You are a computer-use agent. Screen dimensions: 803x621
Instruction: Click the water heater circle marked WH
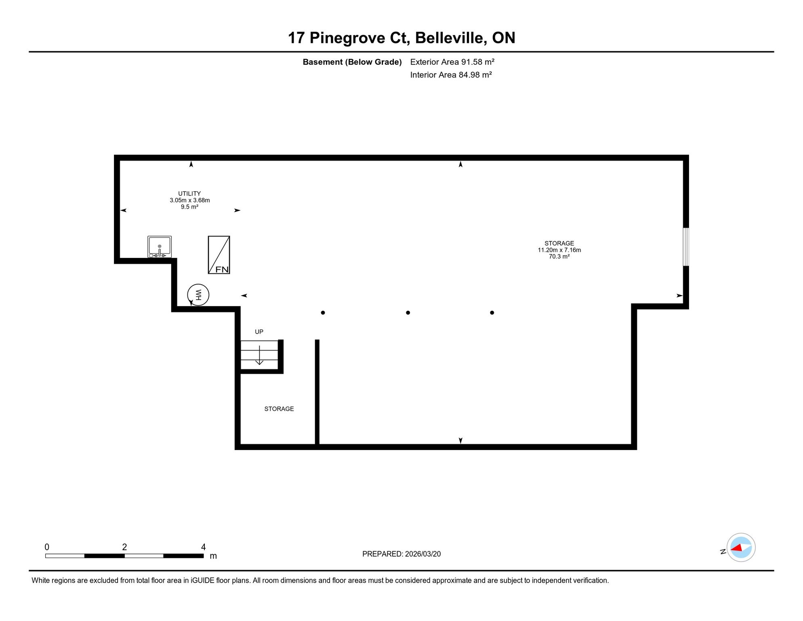point(198,284)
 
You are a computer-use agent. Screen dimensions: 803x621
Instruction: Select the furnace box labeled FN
point(219,255)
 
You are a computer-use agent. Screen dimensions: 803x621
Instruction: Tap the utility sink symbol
point(160,247)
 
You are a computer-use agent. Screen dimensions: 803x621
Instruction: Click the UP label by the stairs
point(259,332)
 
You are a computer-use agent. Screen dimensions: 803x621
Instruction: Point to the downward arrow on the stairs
point(259,355)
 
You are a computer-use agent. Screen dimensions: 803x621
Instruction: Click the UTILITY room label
point(189,194)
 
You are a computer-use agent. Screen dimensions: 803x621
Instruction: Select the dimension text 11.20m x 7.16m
point(559,250)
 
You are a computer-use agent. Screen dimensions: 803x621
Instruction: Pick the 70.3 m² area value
point(559,257)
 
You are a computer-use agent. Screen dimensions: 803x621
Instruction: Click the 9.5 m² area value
point(189,207)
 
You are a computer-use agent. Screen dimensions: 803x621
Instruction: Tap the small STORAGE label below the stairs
point(279,409)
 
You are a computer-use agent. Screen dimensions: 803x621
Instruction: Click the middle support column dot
point(408,313)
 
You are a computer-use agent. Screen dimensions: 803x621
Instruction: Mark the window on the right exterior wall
point(686,247)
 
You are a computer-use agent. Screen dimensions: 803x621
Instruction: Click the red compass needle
point(736,548)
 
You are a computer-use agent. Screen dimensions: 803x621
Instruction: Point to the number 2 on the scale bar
point(124,547)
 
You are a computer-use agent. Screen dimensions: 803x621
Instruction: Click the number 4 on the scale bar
point(204,547)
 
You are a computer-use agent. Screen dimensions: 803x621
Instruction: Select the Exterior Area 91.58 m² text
point(452,62)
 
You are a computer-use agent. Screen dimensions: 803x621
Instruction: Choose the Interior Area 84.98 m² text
point(451,75)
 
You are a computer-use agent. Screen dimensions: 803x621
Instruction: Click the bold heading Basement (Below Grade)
point(352,62)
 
